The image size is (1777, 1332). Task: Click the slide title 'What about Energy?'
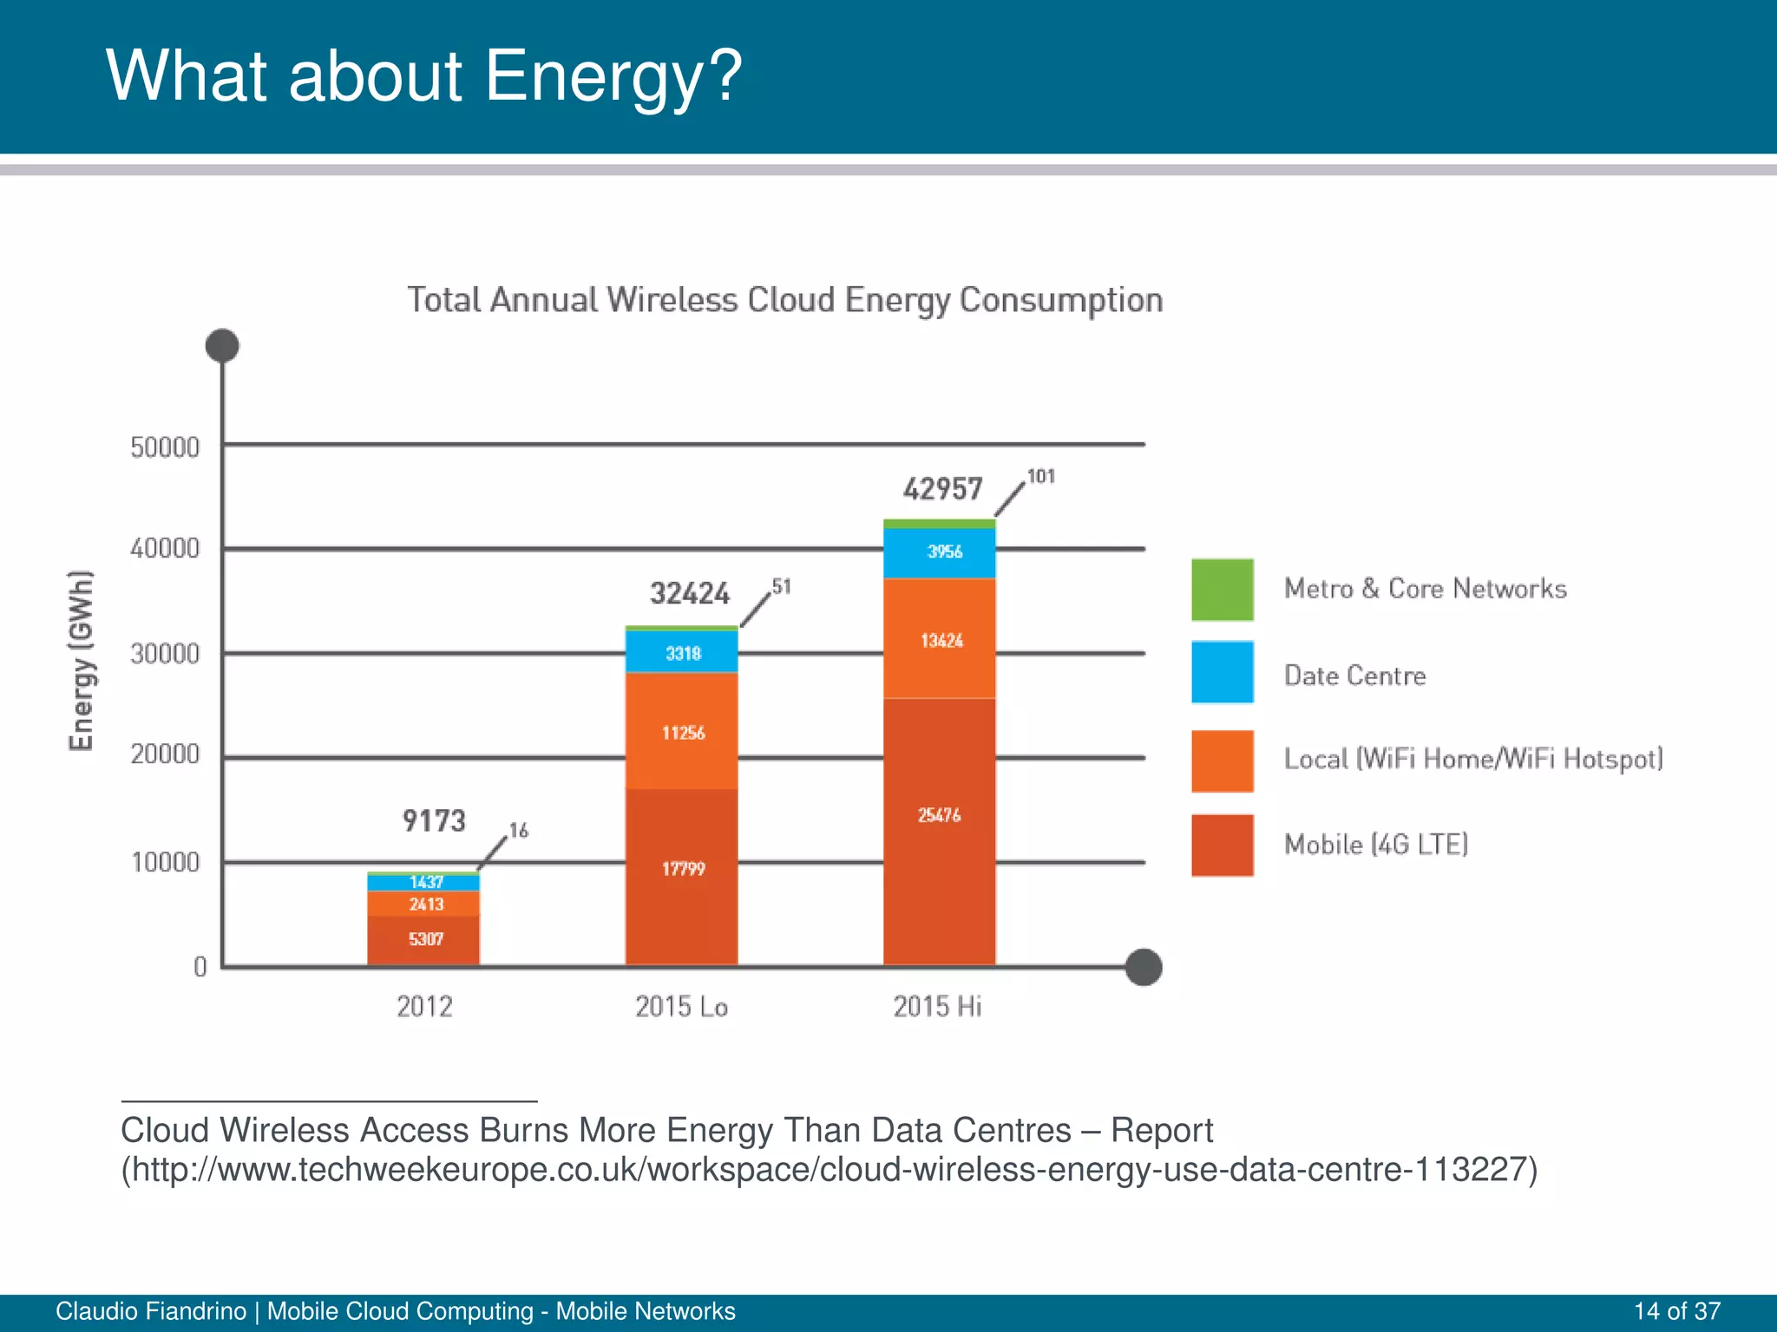point(423,76)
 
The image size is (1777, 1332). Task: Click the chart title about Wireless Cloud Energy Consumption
point(784,300)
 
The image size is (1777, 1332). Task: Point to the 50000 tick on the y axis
point(165,447)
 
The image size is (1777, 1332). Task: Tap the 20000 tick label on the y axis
point(165,754)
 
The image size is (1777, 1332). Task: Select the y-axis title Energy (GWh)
point(81,661)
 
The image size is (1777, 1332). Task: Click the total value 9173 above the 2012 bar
point(434,820)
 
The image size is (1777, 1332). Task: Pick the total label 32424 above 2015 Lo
point(690,594)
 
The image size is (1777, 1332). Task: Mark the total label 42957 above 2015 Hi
point(942,489)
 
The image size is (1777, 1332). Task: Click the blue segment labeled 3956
point(941,552)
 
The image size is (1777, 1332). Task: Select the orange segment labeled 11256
point(682,733)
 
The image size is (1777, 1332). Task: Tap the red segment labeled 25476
point(939,815)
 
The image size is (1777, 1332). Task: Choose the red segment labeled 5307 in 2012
point(424,939)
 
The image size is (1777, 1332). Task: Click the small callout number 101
point(1040,476)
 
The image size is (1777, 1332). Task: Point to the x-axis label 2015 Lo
point(681,1007)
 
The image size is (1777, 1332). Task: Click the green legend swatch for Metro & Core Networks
point(1222,590)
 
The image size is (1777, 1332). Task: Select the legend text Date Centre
point(1354,676)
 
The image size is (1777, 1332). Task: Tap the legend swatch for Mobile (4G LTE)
point(1222,845)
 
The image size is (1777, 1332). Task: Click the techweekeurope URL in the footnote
point(829,1170)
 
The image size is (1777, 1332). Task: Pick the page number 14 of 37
point(1676,1311)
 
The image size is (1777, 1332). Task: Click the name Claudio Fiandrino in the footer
point(151,1311)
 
